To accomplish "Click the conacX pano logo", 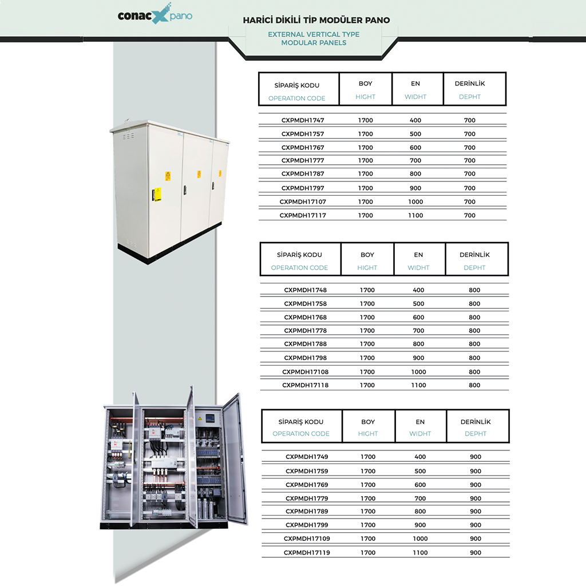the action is [x=155, y=14].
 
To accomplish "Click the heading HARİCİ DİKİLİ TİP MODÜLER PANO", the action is [x=316, y=20].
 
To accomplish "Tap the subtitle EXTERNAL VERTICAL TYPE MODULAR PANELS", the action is [x=314, y=38].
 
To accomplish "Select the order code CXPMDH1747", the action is [x=303, y=120].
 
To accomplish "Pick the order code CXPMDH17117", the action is [x=303, y=215].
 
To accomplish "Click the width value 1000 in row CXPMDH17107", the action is [x=415, y=202].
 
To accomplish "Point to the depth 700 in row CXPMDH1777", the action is [x=470, y=161].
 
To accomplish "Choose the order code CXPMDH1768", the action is [x=306, y=317].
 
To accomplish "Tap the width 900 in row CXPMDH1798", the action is [x=418, y=358].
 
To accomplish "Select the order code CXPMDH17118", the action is [x=306, y=385].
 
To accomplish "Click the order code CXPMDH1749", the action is [x=307, y=457].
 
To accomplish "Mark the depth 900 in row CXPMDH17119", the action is [x=476, y=553].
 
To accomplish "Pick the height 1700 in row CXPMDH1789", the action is [x=368, y=511].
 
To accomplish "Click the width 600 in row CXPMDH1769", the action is [x=420, y=485].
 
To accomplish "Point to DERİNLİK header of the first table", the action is [x=470, y=84].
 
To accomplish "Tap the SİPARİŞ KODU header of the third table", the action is [x=301, y=422].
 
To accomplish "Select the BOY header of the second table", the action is [x=367, y=255].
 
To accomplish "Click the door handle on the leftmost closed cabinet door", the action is [x=153, y=195].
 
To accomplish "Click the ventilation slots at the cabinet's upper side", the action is [x=129, y=135].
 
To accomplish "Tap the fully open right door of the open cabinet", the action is [x=235, y=459].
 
